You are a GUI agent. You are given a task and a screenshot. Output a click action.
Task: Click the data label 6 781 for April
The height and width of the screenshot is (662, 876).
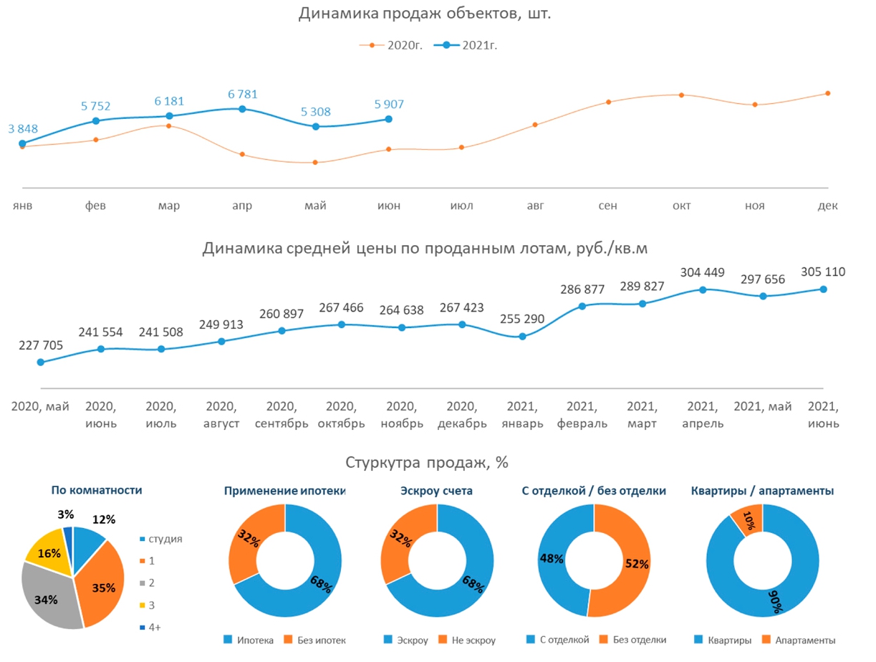click(242, 95)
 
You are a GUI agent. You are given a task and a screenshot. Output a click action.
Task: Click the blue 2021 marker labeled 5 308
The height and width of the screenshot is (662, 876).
click(316, 126)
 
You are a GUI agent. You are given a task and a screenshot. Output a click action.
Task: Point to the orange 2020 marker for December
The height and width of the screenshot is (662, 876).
click(827, 93)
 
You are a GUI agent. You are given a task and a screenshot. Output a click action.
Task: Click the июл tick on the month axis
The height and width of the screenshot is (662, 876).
click(462, 206)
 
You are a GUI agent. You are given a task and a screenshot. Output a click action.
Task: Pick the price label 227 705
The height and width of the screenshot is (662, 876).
click(41, 345)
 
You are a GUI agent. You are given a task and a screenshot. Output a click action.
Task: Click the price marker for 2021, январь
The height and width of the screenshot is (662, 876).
click(522, 336)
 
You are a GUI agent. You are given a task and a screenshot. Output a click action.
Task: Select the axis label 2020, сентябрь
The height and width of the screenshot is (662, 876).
click(281, 415)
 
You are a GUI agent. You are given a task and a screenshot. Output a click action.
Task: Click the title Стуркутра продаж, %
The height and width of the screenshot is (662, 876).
click(427, 463)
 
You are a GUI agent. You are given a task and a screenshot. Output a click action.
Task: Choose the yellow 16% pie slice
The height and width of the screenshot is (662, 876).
click(48, 554)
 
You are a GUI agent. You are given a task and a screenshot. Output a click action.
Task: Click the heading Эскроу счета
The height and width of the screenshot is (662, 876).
click(436, 491)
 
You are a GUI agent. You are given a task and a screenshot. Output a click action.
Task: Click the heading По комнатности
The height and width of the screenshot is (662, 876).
click(97, 490)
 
